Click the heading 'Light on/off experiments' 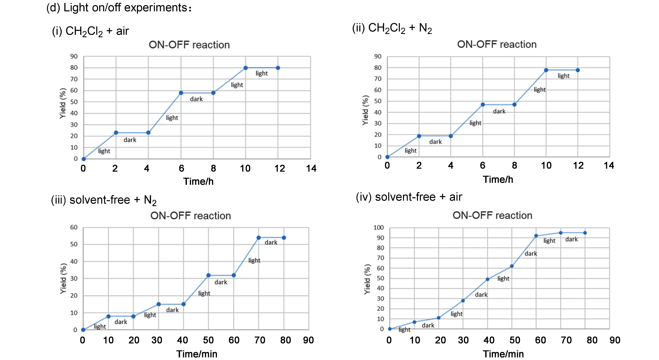[x=119, y=8]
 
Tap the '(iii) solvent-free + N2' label [x=104, y=200]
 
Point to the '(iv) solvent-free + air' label [x=409, y=197]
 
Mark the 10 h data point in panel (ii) [x=546, y=70]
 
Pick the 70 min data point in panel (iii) [x=259, y=238]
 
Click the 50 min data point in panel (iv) [x=512, y=266]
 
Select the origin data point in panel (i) [x=84, y=159]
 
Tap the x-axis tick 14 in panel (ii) [x=609, y=166]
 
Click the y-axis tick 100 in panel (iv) [x=378, y=227]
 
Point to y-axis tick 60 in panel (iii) [x=74, y=227]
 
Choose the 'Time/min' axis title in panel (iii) [x=197, y=354]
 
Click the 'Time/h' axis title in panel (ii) [x=498, y=179]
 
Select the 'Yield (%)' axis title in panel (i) [x=63, y=103]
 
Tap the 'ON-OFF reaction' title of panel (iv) [x=492, y=215]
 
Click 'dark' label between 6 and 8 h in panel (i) [x=196, y=99]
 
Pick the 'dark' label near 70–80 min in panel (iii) [x=271, y=242]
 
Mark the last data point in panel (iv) [x=585, y=233]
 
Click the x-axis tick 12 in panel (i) [x=280, y=168]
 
